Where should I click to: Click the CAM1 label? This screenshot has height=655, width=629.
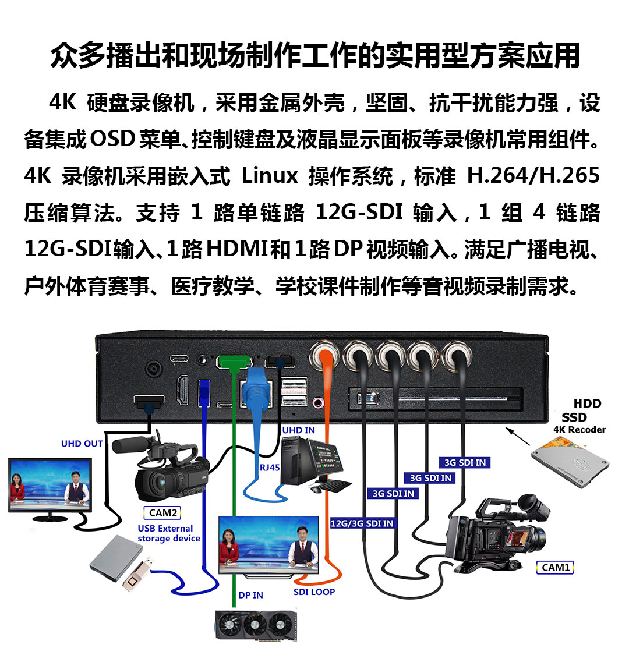555,567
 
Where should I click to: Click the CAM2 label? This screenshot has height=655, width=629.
162,512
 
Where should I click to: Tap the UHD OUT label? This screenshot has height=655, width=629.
82,444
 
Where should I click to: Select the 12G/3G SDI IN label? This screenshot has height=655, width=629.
362,523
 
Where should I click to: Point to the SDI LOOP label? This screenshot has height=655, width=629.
314,592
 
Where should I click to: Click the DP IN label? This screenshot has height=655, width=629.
251,595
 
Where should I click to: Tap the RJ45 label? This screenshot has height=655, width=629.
270,468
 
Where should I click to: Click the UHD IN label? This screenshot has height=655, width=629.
298,430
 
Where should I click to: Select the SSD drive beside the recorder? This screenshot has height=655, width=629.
570,462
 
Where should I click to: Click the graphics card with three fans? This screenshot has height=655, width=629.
256,625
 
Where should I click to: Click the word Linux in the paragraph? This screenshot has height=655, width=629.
270,175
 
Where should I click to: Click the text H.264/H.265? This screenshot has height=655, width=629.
533,175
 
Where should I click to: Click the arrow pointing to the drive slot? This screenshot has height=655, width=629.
517,436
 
